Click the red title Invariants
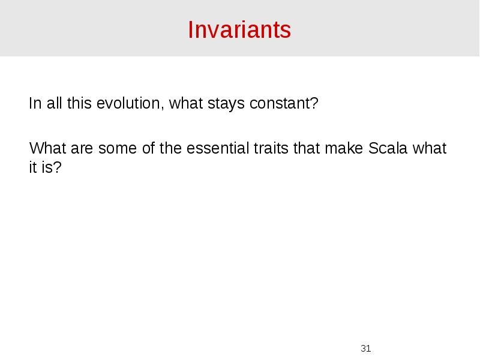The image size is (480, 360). click(x=239, y=29)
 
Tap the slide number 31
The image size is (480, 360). click(x=366, y=348)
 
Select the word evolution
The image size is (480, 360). click(x=136, y=104)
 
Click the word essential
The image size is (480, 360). click(x=215, y=148)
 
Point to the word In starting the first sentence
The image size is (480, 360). click(x=34, y=104)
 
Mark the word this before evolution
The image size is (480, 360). click(x=80, y=104)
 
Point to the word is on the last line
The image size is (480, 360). click(x=47, y=167)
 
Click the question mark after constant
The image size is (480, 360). click(x=314, y=104)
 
